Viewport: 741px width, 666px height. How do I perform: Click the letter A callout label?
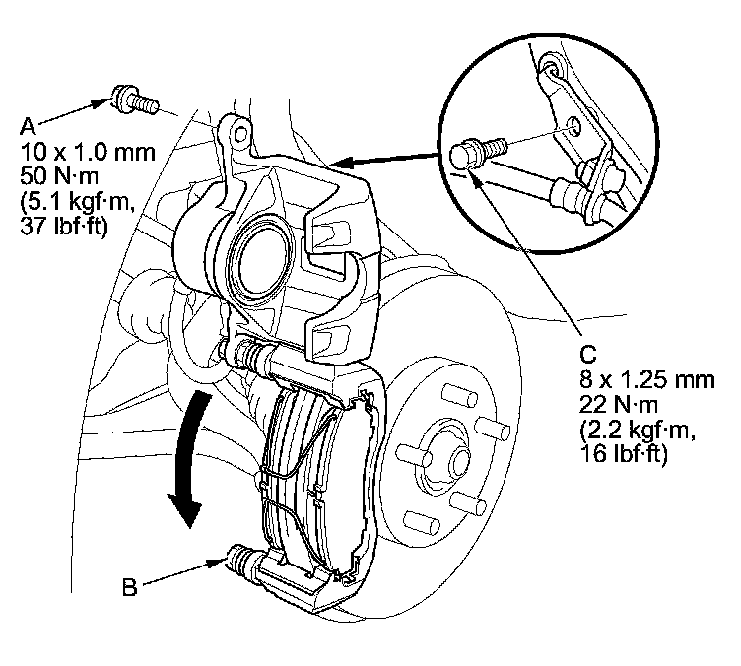28,124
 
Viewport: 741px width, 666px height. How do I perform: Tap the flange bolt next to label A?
134,99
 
